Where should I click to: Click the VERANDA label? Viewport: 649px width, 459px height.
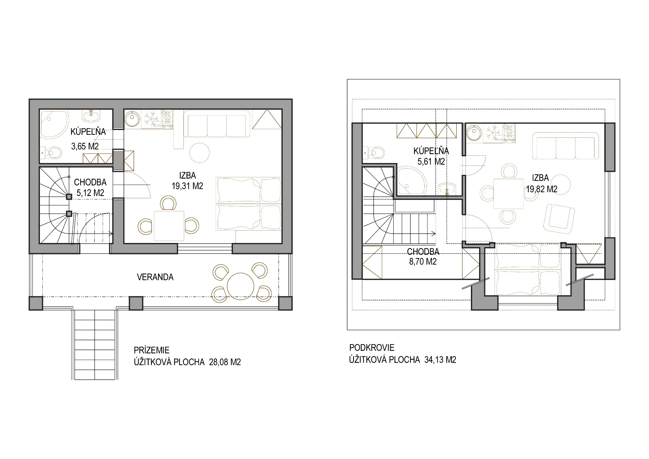pos(155,277)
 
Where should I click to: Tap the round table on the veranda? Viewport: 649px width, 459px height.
pos(241,286)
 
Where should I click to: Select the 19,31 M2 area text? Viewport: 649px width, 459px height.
pos(187,186)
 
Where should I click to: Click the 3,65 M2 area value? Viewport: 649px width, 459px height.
pos(85,146)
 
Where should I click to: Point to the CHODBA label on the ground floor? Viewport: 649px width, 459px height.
pos(90,182)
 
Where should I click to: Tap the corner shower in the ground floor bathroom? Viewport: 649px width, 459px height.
pos(54,124)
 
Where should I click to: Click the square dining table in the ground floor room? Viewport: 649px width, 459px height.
pos(169,226)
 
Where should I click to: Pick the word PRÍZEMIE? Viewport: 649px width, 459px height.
pos(151,350)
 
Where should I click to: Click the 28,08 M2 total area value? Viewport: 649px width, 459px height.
pos(225,362)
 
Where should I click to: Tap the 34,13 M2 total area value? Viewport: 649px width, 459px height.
pos(440,360)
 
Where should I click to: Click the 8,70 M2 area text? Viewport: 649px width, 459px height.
pos(423,262)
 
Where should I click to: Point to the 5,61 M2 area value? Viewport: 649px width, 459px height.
pos(431,161)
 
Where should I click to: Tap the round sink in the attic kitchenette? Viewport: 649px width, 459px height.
pos(475,133)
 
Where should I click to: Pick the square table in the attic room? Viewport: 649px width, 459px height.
pos(508,194)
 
